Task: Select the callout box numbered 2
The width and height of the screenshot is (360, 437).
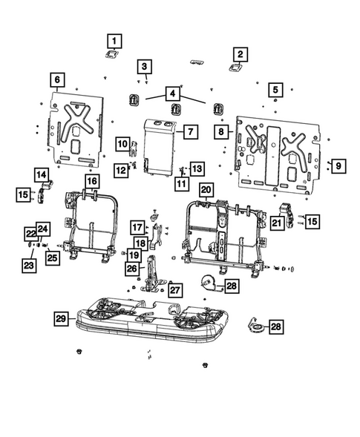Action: tap(240, 53)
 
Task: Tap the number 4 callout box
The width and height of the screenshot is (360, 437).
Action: tap(172, 94)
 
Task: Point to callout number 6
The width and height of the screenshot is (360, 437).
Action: tap(57, 80)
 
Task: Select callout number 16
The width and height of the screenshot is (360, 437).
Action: tap(91, 181)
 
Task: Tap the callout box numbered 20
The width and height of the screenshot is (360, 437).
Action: tap(206, 190)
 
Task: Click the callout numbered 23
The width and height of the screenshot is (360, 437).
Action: tap(28, 264)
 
